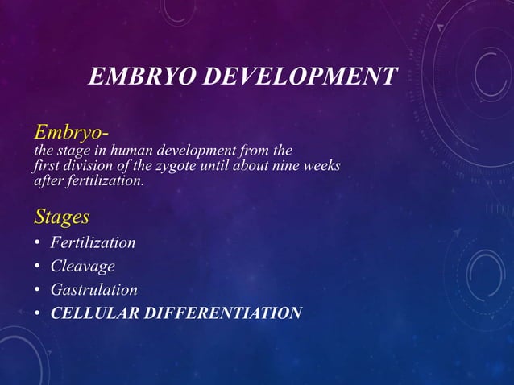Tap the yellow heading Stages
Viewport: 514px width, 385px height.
61,217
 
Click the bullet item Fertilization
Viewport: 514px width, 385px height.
93,242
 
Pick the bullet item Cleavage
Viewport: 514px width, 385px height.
82,266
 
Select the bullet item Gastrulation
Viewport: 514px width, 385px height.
93,289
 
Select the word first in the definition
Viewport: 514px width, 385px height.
45,166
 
